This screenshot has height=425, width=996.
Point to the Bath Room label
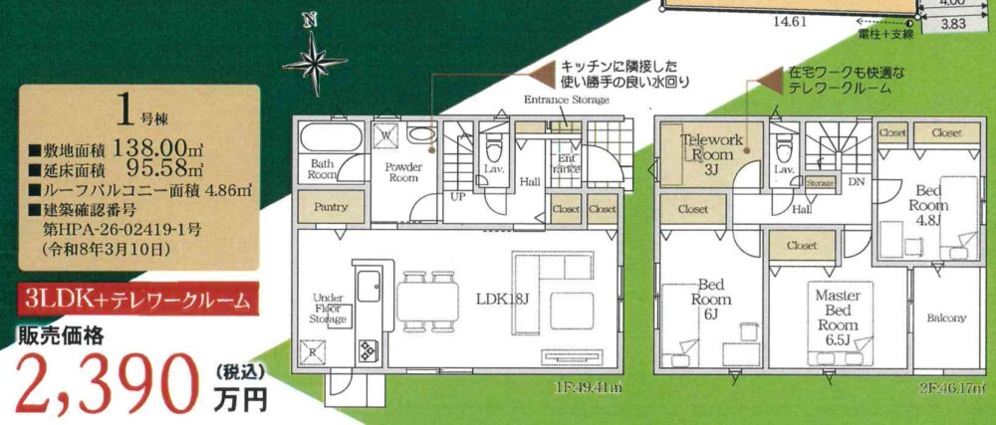pos(322,168)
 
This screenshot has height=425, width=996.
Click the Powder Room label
pos(401,172)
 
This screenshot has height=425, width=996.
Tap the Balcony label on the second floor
pos(946,319)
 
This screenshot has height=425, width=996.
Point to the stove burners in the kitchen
pos(367,349)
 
